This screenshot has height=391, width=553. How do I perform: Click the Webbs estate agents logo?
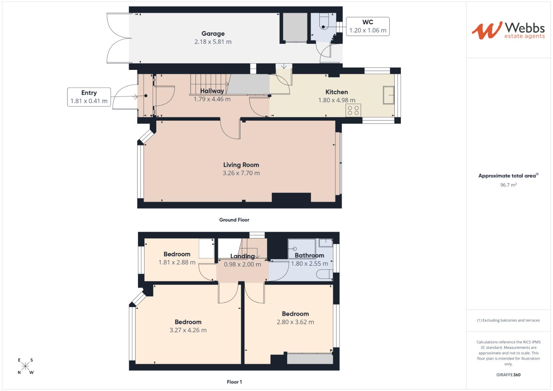[x=508, y=30]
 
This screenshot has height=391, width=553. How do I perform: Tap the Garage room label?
[x=213, y=34]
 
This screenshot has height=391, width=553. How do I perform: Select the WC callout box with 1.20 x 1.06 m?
[x=368, y=26]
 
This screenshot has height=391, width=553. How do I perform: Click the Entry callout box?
[x=89, y=97]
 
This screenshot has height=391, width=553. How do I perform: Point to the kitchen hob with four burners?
[x=353, y=110]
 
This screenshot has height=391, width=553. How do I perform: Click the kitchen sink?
[x=389, y=95]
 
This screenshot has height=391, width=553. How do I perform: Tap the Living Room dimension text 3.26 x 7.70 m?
[x=241, y=173]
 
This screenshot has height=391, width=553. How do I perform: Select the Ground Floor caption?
[x=234, y=220]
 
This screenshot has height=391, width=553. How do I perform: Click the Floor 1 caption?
[x=234, y=382]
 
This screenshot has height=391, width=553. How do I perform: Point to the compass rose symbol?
[x=25, y=366]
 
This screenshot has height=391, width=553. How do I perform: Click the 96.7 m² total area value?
[x=508, y=185]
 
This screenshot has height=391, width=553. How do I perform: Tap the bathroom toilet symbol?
[x=324, y=274]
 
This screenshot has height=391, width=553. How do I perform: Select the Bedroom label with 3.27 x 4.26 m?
[x=188, y=322]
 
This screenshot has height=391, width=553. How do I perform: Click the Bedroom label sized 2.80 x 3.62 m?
[x=295, y=314]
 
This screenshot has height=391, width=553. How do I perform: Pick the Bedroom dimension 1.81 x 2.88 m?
[x=177, y=262]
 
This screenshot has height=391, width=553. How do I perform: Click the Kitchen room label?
[x=336, y=92]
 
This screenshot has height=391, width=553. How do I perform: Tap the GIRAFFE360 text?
[x=508, y=375]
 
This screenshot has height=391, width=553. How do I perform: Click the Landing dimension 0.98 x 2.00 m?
[x=242, y=265]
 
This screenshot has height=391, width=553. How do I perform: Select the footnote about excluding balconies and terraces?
[x=508, y=320]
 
